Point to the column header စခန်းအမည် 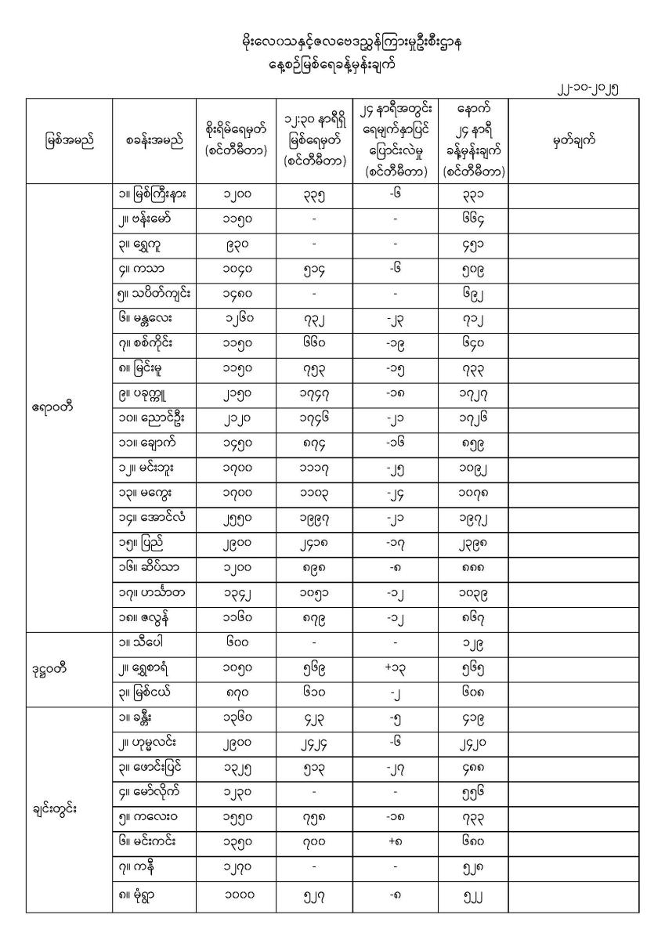[154, 142]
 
